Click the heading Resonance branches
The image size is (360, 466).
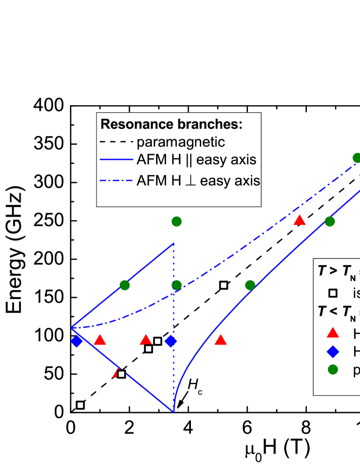click(171, 124)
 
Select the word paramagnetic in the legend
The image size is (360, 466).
click(181, 143)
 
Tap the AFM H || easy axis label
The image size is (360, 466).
click(196, 160)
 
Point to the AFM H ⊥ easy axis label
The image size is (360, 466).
click(198, 180)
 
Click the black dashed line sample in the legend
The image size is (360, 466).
click(116, 143)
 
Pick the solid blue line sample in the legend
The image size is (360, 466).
click(116, 160)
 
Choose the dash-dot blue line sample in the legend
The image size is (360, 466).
click(116, 180)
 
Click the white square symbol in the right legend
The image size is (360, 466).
click(333, 294)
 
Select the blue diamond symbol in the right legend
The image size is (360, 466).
click(333, 352)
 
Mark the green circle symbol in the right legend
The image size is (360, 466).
click(333, 370)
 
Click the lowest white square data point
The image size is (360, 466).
click(80, 405)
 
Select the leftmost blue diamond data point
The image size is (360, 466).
click(77, 341)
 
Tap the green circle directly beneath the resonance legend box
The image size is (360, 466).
click(176, 221)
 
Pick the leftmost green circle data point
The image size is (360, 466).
click(125, 285)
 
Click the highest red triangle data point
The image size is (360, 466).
click(299, 220)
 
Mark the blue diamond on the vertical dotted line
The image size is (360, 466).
click(171, 341)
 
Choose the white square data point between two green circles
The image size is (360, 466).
click(223, 285)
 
